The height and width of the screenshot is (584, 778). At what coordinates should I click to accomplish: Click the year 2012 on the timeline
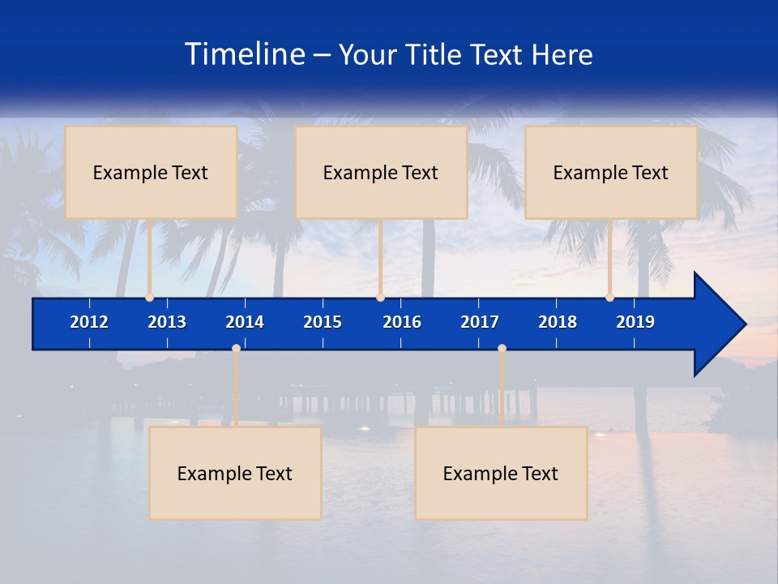tap(89, 322)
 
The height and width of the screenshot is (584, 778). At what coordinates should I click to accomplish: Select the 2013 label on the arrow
tap(167, 322)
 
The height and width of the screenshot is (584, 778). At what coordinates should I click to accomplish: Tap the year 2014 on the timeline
tap(245, 322)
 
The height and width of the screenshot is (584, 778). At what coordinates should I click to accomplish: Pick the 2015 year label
tap(323, 322)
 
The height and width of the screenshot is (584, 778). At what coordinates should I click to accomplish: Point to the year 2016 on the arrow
tap(402, 322)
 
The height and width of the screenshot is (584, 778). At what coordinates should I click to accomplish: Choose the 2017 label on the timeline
tap(480, 322)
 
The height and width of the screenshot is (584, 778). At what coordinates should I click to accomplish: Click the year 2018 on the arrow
tap(558, 322)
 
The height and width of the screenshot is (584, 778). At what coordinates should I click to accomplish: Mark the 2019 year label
tap(635, 322)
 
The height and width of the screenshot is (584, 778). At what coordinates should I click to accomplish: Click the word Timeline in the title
tap(244, 54)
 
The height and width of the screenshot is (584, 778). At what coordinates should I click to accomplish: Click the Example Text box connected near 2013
tap(151, 172)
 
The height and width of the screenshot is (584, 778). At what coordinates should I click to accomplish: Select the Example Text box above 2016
tap(381, 172)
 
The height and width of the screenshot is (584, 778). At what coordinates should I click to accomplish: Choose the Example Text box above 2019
tap(611, 172)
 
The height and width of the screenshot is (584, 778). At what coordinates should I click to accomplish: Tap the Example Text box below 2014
tap(235, 473)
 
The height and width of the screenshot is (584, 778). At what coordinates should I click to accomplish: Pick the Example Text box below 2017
tap(501, 473)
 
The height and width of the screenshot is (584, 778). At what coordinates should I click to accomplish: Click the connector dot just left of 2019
tap(609, 298)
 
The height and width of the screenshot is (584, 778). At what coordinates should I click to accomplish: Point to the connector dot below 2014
tap(236, 349)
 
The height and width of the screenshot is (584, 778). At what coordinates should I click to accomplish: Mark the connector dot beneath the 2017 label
tap(502, 349)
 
